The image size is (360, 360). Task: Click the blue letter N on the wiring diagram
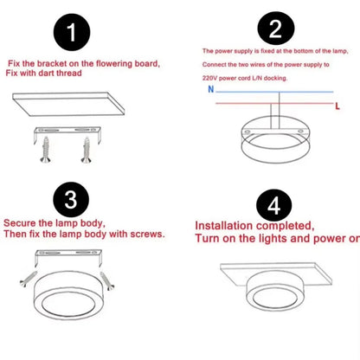click(209, 88)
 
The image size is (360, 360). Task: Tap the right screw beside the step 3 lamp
click(106, 279)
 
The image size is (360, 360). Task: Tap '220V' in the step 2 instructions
click(211, 76)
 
